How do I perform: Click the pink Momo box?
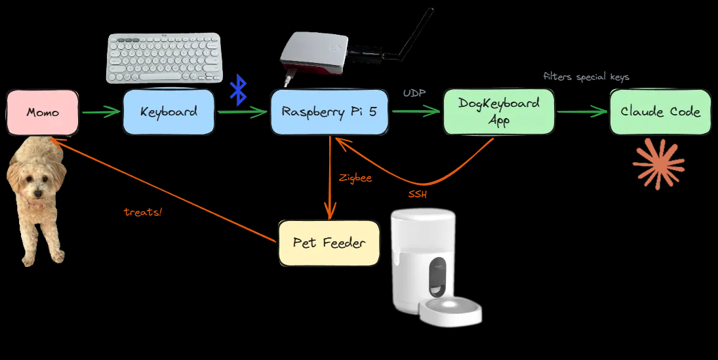43,112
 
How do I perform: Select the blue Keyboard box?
169,112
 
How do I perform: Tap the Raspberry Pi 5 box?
330,112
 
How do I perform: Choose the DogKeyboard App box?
499,111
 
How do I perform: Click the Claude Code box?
660,112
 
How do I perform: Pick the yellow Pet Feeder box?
329,243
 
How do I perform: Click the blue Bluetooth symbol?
238,90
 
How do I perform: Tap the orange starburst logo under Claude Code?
658,164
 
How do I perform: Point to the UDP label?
414,94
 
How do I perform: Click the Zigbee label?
355,178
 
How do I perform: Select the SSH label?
418,195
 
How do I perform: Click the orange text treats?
142,212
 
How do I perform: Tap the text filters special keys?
586,77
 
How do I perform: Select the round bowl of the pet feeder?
450,311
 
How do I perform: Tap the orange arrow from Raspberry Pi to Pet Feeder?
329,178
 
